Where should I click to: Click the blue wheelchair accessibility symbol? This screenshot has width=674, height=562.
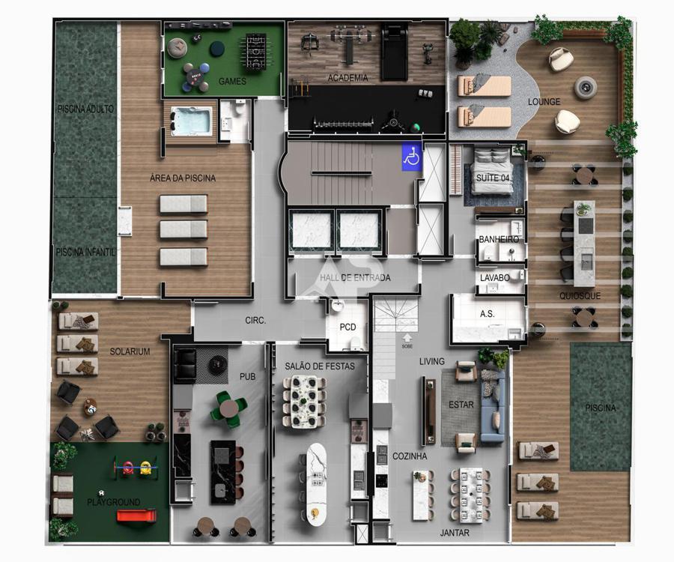pyautogui.click(x=412, y=157)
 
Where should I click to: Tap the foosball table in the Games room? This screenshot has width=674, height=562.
pyautogui.click(x=256, y=51)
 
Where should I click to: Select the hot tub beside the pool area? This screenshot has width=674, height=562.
pyautogui.click(x=191, y=121)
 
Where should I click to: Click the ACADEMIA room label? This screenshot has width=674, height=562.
pyautogui.click(x=347, y=78)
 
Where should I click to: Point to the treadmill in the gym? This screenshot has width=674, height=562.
pyautogui.click(x=394, y=52)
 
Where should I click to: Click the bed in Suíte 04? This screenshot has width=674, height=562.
pyautogui.click(x=492, y=171)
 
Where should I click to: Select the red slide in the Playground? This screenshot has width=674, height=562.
pyautogui.click(x=136, y=515)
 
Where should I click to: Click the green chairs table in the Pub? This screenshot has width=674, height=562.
pyautogui.click(x=228, y=409)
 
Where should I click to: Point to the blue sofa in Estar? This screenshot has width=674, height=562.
pyautogui.click(x=493, y=406)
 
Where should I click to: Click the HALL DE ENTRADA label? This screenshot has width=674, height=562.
pyautogui.click(x=355, y=278)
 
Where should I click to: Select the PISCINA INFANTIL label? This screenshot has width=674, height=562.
pyautogui.click(x=85, y=252)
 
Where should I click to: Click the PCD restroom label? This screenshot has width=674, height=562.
pyautogui.click(x=347, y=327)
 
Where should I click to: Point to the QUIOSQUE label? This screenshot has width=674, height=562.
pyautogui.click(x=580, y=296)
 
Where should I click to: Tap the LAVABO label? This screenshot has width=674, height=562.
pyautogui.click(x=495, y=278)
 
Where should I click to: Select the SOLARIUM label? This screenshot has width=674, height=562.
pyautogui.click(x=130, y=351)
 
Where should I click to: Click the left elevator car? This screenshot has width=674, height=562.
pyautogui.click(x=312, y=231)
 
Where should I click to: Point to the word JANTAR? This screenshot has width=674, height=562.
pyautogui.click(x=455, y=533)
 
